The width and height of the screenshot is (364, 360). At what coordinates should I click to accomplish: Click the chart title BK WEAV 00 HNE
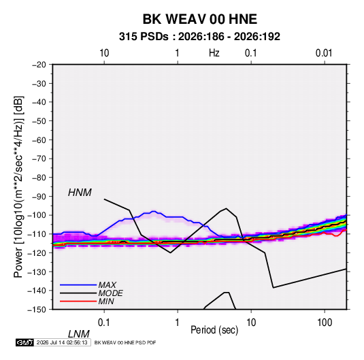pyautogui.click(x=199, y=19)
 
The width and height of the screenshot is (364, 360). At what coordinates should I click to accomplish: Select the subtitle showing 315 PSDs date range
pyautogui.click(x=199, y=37)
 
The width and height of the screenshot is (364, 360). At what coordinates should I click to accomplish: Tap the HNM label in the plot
pyautogui.click(x=80, y=193)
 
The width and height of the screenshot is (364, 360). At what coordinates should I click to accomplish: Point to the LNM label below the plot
pyautogui.click(x=78, y=334)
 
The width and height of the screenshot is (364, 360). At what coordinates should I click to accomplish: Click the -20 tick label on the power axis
pyautogui.click(x=39, y=65)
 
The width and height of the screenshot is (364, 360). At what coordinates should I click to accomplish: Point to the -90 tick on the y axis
pyautogui.click(x=39, y=196)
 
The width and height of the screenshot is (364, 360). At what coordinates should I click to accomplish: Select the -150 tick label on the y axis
pyautogui.click(x=37, y=310)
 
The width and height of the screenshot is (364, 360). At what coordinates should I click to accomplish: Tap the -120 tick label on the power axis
pyautogui.click(x=37, y=252)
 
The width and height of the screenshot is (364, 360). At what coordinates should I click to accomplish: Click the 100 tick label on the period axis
pyautogui.click(x=325, y=323)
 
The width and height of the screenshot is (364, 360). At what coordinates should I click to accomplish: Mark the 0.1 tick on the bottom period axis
pyautogui.click(x=104, y=323)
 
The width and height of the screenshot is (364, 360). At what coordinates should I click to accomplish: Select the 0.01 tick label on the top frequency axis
pyautogui.click(x=324, y=53)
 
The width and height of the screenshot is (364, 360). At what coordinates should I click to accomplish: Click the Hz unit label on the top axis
pyautogui.click(x=214, y=53)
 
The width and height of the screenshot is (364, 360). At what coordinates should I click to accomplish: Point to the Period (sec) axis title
pyautogui.click(x=214, y=330)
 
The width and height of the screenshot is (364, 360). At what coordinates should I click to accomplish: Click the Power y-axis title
pyautogui.click(x=18, y=187)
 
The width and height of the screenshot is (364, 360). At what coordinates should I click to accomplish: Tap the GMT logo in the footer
pyautogui.click(x=24, y=342)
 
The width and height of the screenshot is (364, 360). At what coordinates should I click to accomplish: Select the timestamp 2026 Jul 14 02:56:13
pyautogui.click(x=62, y=342)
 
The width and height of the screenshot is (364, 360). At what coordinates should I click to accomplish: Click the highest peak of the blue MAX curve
pyautogui.click(x=154, y=212)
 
